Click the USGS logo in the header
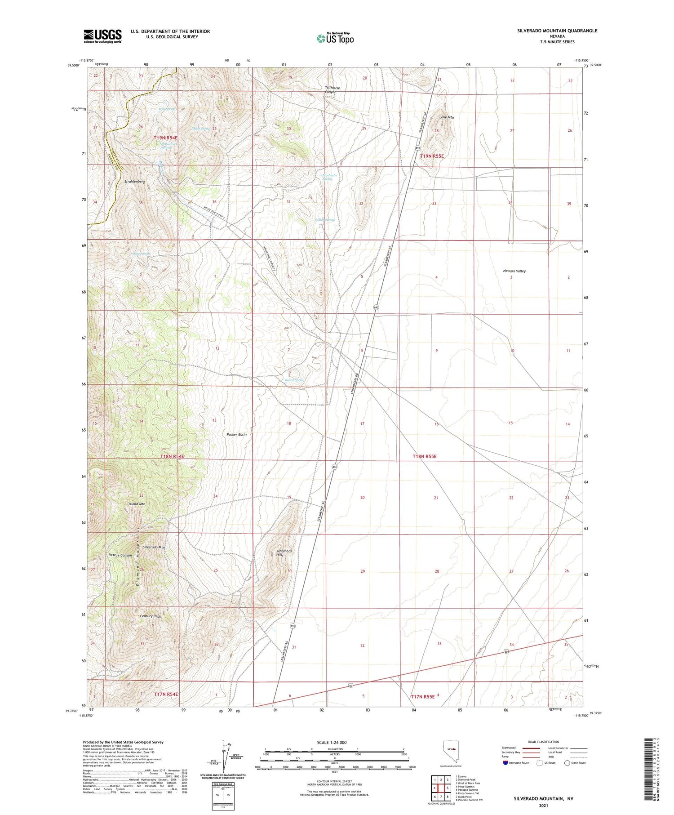(x=102, y=36)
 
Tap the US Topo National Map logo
(x=335, y=38)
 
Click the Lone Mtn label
(x=446, y=117)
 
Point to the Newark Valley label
(x=514, y=271)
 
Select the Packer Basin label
(x=236, y=434)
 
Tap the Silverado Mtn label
(x=154, y=547)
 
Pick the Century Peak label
(x=150, y=616)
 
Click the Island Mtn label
(x=137, y=504)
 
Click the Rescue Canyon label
(x=120, y=555)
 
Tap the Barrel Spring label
(x=295, y=380)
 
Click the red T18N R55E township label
(x=425, y=456)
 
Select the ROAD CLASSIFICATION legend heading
(x=544, y=742)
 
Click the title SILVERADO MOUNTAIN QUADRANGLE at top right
(x=557, y=31)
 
